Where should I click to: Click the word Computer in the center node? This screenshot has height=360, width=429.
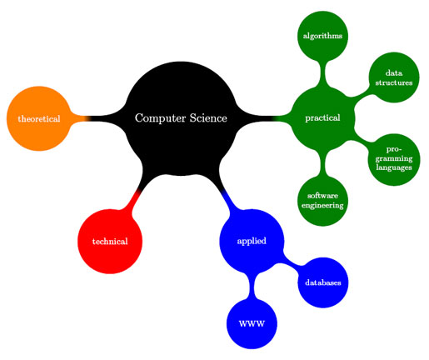pos(160,118)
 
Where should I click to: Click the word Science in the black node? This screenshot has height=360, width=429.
pos(208,118)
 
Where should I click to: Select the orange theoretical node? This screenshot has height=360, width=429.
pos(39,118)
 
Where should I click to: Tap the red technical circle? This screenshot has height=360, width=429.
pos(110,242)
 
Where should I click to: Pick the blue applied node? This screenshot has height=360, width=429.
pos(252,241)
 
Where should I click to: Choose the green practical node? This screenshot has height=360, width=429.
pos(322,118)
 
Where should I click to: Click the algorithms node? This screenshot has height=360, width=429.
pos(322,36)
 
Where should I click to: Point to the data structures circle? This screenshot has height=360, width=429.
pos(394,77)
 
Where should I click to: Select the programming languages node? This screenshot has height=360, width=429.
pos(394,159)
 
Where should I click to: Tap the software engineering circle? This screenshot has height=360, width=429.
pos(322,201)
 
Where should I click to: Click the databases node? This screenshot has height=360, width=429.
pos(323,282)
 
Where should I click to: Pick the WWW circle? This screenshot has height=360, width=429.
pos(252,323)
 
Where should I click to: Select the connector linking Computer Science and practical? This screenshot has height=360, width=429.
pos(263,118)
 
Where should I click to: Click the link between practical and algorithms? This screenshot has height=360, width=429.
pos(322,73)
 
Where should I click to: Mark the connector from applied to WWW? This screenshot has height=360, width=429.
pos(252,286)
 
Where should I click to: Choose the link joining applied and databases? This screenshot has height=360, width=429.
pos(290,262)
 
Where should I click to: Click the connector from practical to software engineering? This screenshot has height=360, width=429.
pos(322,163)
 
